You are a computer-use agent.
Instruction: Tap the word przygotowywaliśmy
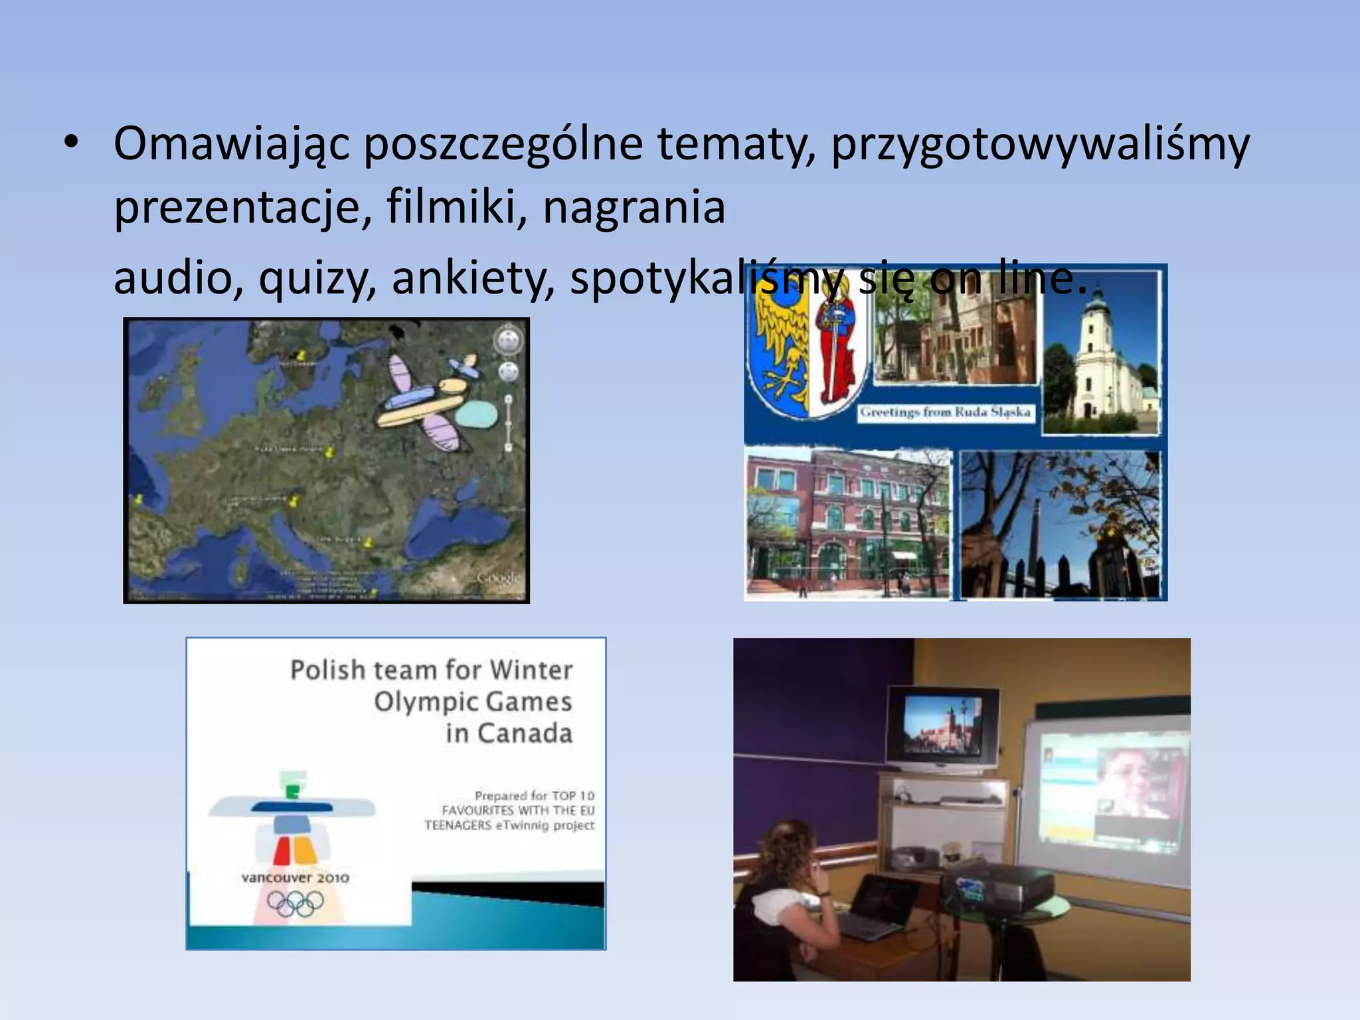[x=1040, y=145]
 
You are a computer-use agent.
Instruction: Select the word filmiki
[x=456, y=207]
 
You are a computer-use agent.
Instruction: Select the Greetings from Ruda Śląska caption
[x=945, y=412]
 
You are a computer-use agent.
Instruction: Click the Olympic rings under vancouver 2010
[x=296, y=903]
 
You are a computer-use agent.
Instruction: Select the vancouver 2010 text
[x=296, y=878]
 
